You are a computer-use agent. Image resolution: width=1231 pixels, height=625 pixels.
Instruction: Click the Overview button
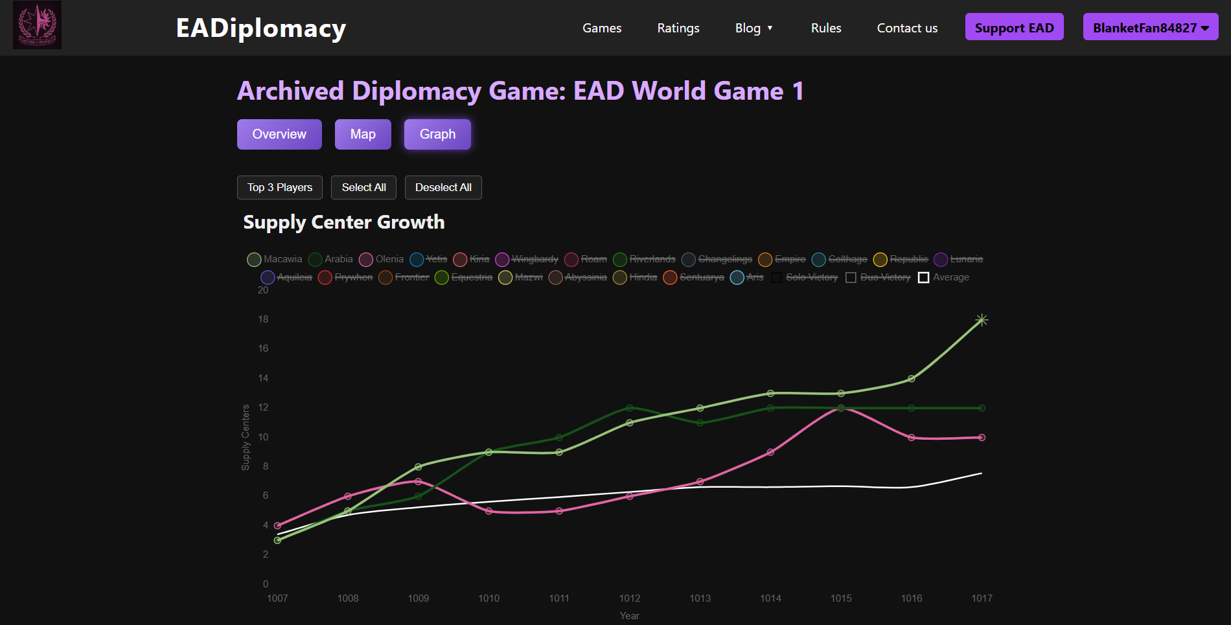click(279, 134)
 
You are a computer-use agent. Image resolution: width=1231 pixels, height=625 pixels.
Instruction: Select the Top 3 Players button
click(280, 187)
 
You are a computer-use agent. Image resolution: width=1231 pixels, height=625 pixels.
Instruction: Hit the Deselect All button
click(443, 187)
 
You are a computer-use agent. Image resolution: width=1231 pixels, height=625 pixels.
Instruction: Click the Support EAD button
click(1014, 27)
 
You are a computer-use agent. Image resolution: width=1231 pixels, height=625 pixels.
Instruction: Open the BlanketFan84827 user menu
click(1150, 27)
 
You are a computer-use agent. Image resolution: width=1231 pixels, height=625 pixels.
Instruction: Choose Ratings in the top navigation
click(678, 28)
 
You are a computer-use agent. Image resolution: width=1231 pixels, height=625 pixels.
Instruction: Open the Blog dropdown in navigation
click(754, 28)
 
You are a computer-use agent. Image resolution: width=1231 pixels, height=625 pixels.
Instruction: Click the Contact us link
click(907, 28)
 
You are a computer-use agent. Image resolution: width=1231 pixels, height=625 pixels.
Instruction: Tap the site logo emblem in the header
click(37, 25)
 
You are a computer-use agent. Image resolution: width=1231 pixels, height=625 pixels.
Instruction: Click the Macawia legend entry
click(275, 259)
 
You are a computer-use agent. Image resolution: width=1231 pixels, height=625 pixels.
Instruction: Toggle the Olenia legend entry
click(382, 259)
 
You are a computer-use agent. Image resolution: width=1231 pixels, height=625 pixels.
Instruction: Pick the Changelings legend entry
click(717, 259)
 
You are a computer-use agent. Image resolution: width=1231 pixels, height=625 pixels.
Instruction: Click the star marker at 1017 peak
click(982, 320)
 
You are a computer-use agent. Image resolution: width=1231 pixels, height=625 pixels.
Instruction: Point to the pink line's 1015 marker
click(841, 408)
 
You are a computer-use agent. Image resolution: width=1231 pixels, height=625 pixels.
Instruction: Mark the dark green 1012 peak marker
click(630, 408)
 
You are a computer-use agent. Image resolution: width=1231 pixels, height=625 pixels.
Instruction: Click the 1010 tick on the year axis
click(489, 598)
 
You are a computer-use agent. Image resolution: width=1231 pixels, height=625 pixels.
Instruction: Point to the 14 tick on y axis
click(263, 378)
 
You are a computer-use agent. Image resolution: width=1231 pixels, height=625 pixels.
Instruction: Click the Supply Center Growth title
click(343, 222)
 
